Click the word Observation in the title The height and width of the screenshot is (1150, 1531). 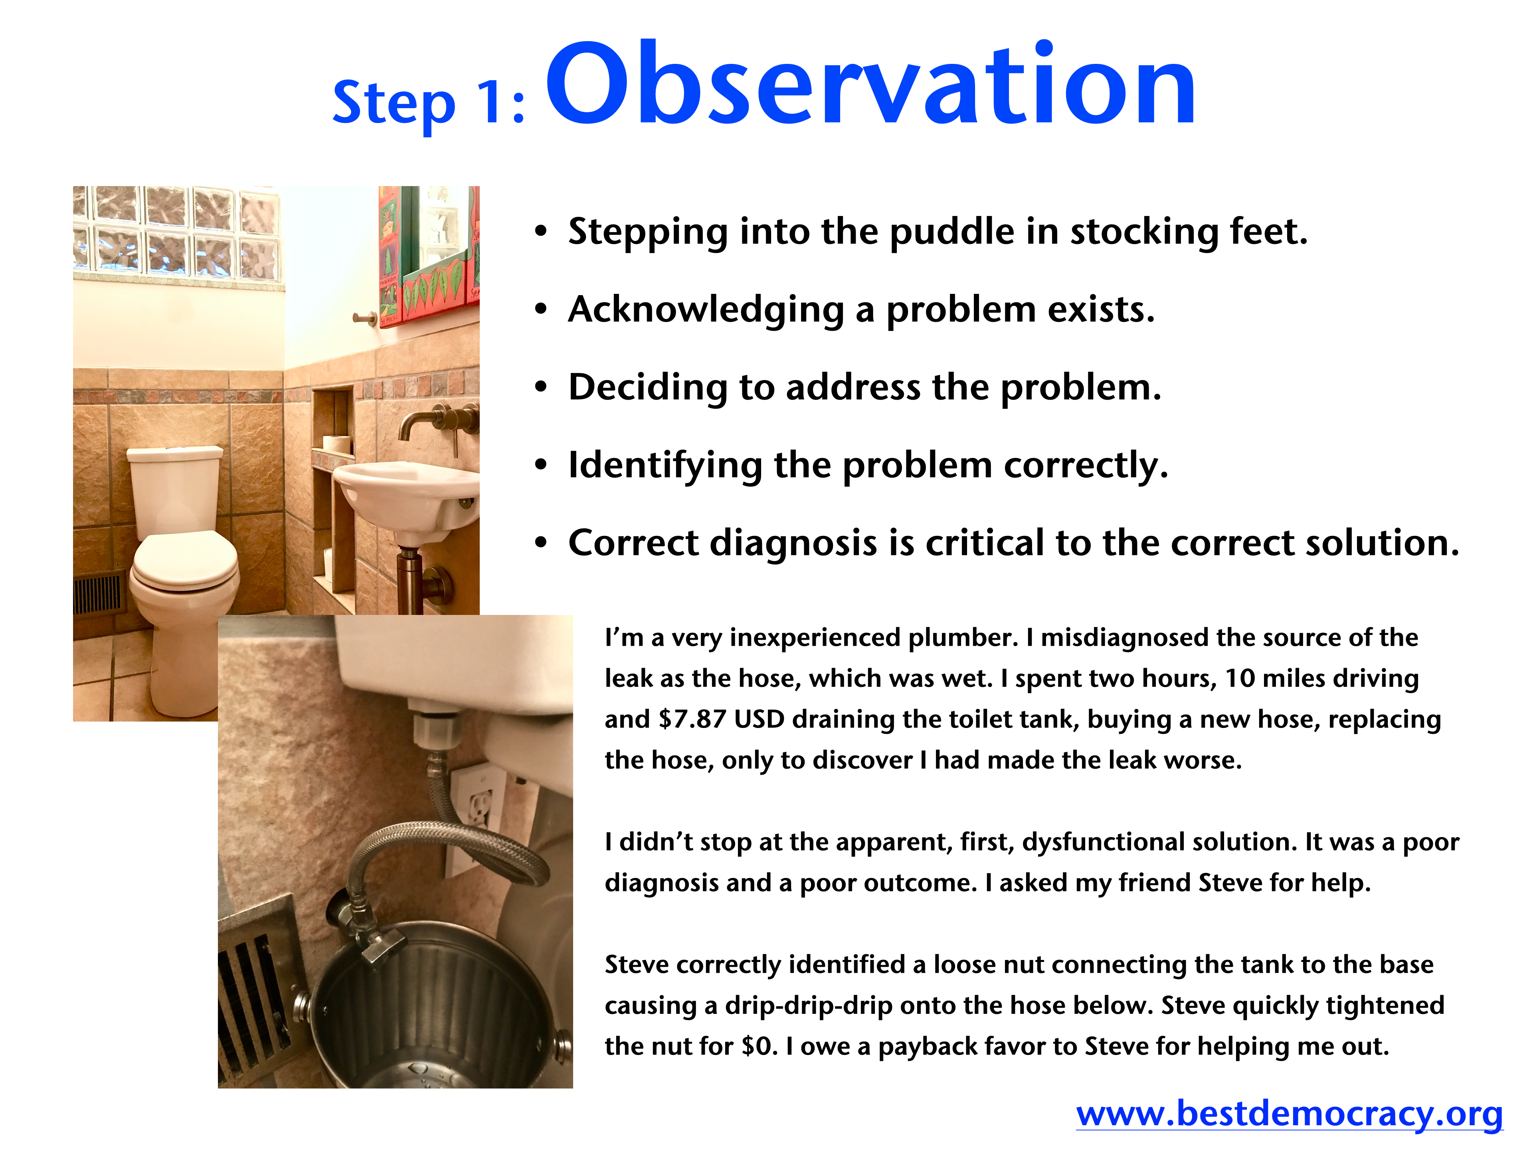click(871, 85)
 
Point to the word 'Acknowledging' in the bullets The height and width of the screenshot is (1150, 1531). click(706, 310)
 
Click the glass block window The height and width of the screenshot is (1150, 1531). click(178, 232)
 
